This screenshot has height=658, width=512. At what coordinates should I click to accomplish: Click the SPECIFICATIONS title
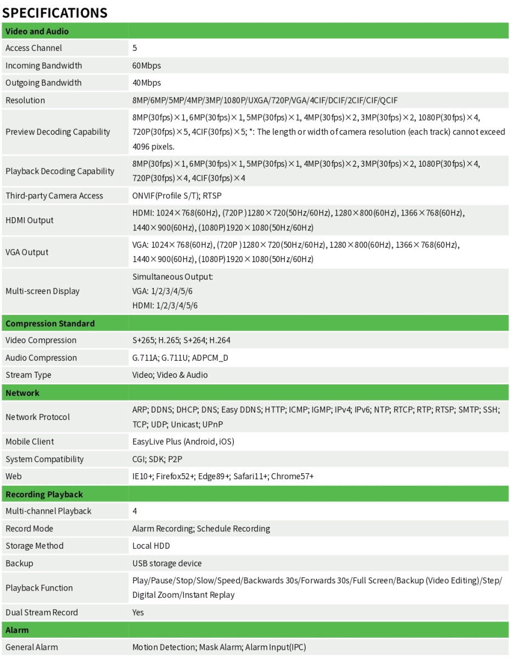pos(55,12)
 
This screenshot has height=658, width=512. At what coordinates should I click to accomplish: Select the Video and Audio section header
pos(37,31)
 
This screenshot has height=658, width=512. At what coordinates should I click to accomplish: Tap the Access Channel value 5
pos(135,48)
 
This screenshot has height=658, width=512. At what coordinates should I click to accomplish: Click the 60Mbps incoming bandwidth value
pos(147,66)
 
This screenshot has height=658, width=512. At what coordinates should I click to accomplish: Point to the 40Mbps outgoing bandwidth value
pos(147,83)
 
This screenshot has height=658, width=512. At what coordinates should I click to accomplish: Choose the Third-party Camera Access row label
pos(54,196)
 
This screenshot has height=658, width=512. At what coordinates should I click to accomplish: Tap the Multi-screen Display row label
pos(42,291)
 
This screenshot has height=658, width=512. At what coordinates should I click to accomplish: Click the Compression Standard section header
pos(50,324)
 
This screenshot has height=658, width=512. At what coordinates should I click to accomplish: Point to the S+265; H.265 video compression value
pos(181,341)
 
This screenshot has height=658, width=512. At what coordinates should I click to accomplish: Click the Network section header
pos(22,393)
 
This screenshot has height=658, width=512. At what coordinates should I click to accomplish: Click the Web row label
pos(14,477)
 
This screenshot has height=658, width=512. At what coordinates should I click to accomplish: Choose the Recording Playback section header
pos(44,495)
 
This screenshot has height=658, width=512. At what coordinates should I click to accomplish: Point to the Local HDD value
pos(151,546)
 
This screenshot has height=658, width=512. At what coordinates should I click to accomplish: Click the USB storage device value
pos(167,564)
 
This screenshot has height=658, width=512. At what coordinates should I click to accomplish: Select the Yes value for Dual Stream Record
pos(138,612)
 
